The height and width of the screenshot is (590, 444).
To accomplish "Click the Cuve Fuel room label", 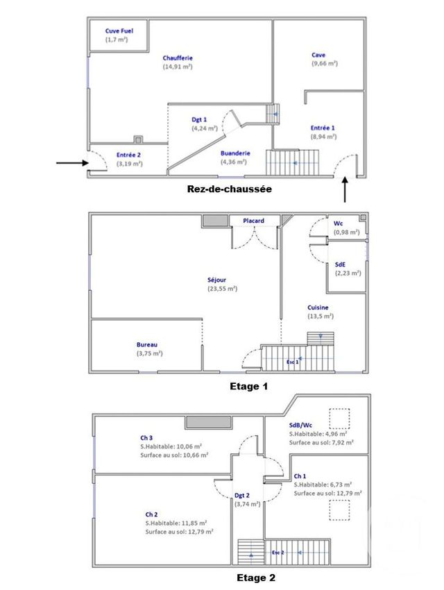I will [x=119, y=31].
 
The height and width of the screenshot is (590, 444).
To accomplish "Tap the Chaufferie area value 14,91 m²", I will [x=178, y=67].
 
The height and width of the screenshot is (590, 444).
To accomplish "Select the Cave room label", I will [x=318, y=55].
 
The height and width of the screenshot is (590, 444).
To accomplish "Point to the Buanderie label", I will [x=235, y=153].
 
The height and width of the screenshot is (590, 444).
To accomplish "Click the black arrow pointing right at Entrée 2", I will [x=71, y=163].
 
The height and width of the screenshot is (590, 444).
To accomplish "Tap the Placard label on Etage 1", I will [x=253, y=221].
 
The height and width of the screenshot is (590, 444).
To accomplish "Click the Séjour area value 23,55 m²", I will [x=222, y=289].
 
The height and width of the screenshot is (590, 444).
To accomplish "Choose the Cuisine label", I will [x=318, y=307].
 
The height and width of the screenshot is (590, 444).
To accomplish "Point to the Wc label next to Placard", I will [x=339, y=224].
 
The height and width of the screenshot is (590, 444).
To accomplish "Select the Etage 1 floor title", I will [x=248, y=386].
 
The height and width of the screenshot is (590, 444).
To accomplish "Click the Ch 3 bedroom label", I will [x=146, y=438].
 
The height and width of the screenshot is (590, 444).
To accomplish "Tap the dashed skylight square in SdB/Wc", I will [x=340, y=419].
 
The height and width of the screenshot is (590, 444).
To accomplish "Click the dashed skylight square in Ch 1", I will [x=339, y=510].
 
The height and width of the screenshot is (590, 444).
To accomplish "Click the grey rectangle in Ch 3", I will [x=207, y=423].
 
